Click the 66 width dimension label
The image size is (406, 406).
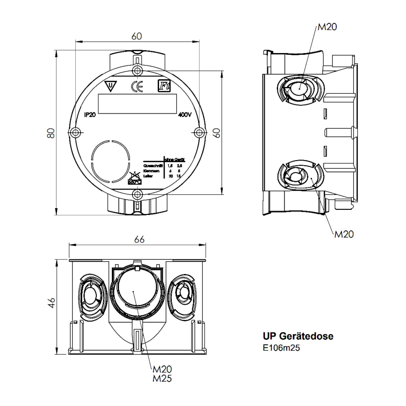pyautogui.click(x=139, y=239)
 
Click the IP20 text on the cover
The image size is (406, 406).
pyautogui.click(x=90, y=115)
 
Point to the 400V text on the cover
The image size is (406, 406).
pyautogui.click(x=185, y=115)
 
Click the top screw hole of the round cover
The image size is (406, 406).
pyautogui.click(x=137, y=71)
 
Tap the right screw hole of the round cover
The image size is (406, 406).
pyautogui.click(x=199, y=132)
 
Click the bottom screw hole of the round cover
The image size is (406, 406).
pyautogui.click(x=137, y=194)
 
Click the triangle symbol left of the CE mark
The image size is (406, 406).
pyautogui.click(x=111, y=86)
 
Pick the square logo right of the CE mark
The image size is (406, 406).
pyautogui.click(x=163, y=86)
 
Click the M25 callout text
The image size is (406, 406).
pyautogui.click(x=162, y=379)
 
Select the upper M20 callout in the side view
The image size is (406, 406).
pyautogui.click(x=327, y=27)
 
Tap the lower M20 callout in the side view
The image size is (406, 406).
pyautogui.click(x=344, y=234)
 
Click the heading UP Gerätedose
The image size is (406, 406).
pyautogui.click(x=298, y=337)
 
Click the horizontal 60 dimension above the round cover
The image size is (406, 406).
pyautogui.click(x=136, y=36)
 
